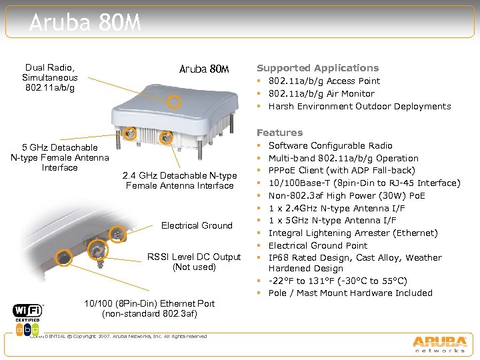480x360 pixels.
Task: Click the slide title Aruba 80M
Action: pos(85,23)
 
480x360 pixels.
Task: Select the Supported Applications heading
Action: pos(317,68)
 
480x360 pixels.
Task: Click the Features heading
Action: pos(279,133)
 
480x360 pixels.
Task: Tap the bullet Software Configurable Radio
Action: pos(330,145)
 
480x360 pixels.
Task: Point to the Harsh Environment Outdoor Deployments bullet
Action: pos(359,106)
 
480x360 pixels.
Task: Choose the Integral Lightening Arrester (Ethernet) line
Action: pos(353,233)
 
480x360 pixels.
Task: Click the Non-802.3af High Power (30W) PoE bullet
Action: pos(346,195)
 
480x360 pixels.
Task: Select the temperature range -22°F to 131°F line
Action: pos(337,281)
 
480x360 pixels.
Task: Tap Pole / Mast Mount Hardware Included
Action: pos(350,293)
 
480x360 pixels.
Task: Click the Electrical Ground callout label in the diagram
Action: pos(197,225)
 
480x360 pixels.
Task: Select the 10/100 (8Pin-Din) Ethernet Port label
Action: pos(149,309)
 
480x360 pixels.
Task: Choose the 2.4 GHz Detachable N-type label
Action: pos(179,181)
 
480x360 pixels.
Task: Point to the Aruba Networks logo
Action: pos(438,343)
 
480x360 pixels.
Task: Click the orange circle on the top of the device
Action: pos(174,101)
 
